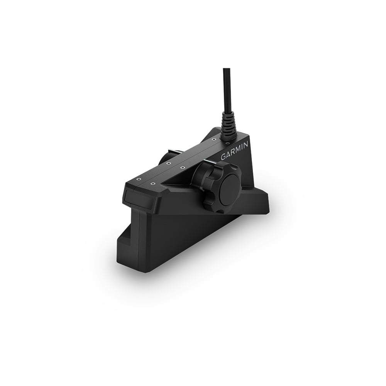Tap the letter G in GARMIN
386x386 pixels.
tap(223, 157)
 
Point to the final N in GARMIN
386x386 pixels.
tap(247, 145)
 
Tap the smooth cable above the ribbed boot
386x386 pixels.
tap(227, 89)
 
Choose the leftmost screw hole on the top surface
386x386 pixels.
tap(137, 179)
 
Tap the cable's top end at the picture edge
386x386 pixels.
tap(227, 69)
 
